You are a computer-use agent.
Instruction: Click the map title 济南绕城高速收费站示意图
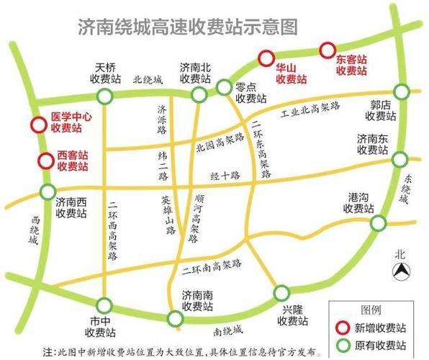187,27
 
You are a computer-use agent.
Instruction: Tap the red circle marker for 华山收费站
266,58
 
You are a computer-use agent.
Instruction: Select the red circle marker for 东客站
328,50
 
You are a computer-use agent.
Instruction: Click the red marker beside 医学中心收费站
37,125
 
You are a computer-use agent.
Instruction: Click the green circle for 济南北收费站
199,95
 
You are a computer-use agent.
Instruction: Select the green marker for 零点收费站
223,88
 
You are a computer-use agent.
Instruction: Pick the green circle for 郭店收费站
401,91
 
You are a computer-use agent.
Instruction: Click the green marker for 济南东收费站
399,159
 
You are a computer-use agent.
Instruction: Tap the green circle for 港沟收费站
378,223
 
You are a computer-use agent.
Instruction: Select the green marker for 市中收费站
105,305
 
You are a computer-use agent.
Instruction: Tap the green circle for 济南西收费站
48,192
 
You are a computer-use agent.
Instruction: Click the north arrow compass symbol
400,271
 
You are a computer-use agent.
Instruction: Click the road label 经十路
224,175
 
